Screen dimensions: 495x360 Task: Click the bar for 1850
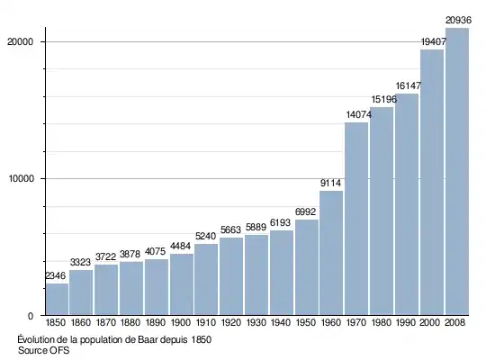(x=57, y=299)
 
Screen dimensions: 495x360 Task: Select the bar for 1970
(x=356, y=219)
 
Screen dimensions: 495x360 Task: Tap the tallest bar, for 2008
(x=457, y=172)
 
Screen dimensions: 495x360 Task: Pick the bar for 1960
(x=331, y=253)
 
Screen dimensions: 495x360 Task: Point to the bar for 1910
(x=206, y=280)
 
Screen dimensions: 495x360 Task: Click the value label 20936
(x=458, y=20)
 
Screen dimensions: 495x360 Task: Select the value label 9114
(x=330, y=183)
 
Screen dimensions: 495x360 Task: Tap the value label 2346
(x=56, y=275)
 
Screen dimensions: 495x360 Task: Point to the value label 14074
(x=358, y=114)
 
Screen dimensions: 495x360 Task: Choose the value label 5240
(x=205, y=236)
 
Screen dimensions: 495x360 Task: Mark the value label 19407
(x=434, y=41)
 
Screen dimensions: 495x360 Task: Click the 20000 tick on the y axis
(x=20, y=41)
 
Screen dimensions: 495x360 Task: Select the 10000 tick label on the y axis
(x=21, y=179)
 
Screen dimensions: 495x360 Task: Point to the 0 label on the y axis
(x=31, y=316)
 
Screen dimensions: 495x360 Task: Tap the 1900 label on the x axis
(x=181, y=322)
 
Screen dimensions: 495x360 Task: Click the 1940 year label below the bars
(x=281, y=322)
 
